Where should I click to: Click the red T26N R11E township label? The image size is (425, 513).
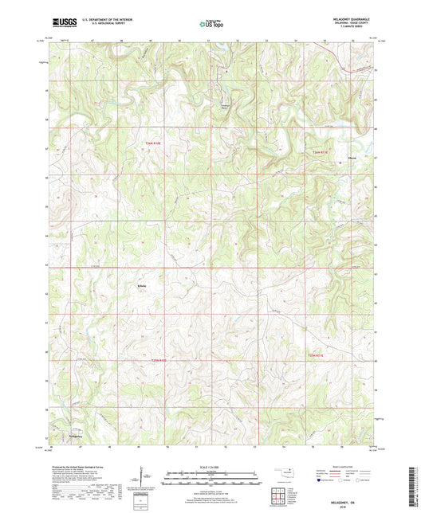coord(321,151)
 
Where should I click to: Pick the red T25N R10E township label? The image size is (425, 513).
coord(161,360)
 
